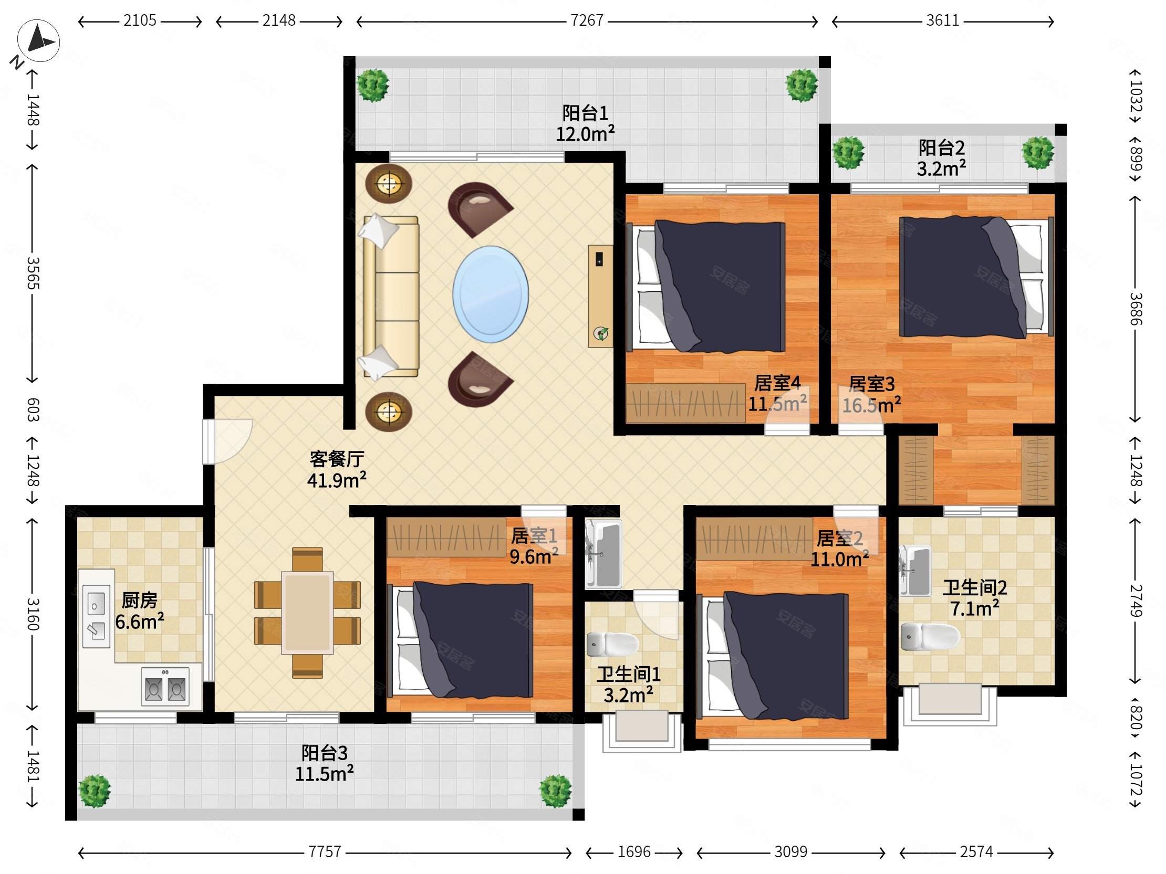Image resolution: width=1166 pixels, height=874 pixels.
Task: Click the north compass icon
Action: [x=38, y=41]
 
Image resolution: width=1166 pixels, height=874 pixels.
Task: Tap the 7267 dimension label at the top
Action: [x=587, y=21]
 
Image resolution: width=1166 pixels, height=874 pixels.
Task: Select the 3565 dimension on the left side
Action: [x=33, y=273]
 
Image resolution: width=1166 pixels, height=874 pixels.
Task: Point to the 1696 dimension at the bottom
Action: [x=634, y=852]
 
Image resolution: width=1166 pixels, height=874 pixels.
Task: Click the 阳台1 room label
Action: [x=585, y=113]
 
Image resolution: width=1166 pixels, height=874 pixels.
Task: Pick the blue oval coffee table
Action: [x=490, y=294]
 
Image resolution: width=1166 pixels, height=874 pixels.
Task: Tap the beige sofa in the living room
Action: [x=390, y=297]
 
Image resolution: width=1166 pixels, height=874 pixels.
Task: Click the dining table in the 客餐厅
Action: [x=307, y=613]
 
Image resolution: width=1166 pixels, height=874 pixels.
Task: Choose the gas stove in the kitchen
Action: [x=165, y=687]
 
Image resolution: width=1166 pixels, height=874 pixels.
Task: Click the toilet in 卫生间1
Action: [x=612, y=644]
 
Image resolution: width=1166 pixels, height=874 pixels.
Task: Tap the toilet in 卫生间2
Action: [x=930, y=637]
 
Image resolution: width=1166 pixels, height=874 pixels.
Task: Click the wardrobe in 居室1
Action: [x=446, y=537]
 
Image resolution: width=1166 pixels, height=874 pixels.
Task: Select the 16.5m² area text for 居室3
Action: [x=871, y=405]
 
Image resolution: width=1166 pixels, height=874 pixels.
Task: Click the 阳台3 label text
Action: [x=324, y=753]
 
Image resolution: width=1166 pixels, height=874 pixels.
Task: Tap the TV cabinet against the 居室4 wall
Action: [x=600, y=296]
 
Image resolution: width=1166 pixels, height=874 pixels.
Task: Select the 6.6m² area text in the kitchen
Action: [x=140, y=622]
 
